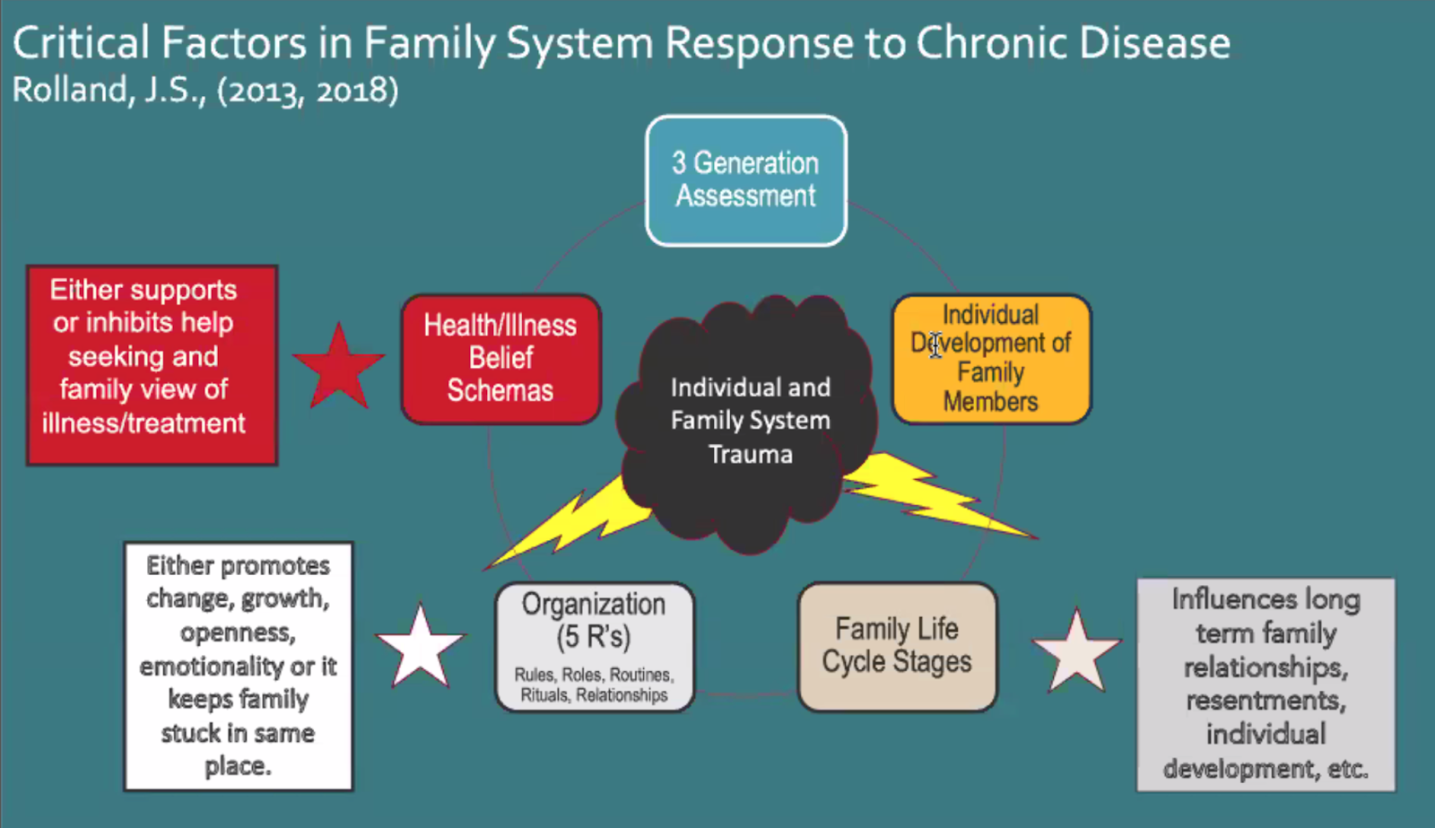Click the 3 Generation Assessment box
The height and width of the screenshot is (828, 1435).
pos(745,180)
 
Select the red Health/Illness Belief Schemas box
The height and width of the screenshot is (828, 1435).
pos(500,358)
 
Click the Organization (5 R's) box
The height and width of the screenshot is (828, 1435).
pos(594,647)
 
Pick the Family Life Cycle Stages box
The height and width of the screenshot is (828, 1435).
pos(897,646)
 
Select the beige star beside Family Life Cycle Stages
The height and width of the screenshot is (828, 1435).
pos(1076,651)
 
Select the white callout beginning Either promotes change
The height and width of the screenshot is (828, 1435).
pos(238,666)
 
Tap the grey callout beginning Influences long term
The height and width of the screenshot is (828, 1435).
pos(1265,684)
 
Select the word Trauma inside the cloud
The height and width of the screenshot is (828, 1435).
pos(751,455)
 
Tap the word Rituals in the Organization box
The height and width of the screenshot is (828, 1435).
pos(544,695)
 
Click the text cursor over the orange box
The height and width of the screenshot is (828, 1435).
pos(935,344)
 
